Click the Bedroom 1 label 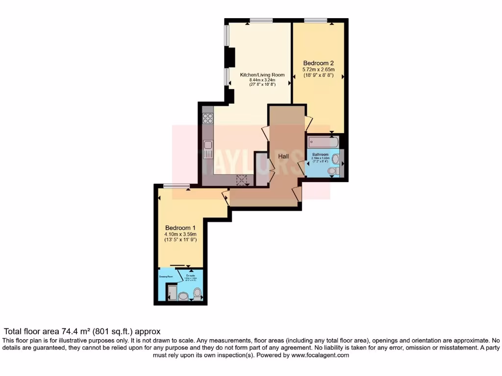(x=180, y=228)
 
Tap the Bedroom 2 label (x=318, y=63)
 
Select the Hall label (x=283, y=156)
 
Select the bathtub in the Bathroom (x=323, y=142)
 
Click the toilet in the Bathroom (x=333, y=171)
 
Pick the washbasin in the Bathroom (x=336, y=159)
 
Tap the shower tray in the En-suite (x=172, y=294)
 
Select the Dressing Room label (x=166, y=277)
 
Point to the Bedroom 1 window (x=176, y=185)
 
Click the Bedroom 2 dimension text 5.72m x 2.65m (x=318, y=70)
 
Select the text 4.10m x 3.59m (x=180, y=235)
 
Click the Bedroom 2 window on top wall (x=316, y=20)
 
